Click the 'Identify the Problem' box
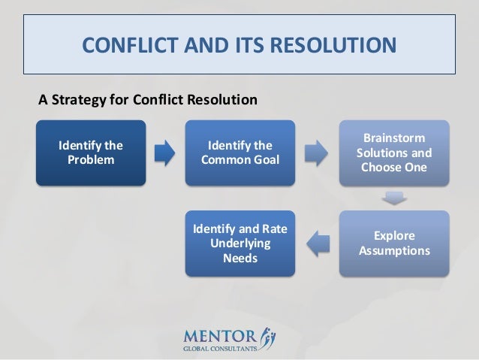92,153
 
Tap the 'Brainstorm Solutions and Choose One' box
392,153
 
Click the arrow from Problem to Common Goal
165,153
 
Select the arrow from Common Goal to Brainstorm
315,153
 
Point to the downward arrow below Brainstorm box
392,198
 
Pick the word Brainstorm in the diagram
392,138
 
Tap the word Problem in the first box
92,159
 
